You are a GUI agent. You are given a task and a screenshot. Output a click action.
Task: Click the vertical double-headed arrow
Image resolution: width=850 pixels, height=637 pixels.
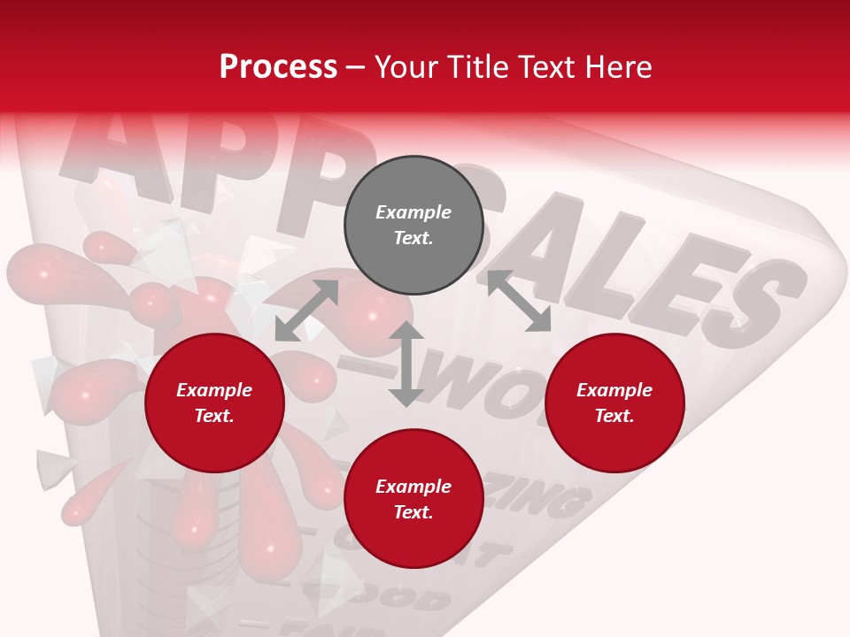[406, 364]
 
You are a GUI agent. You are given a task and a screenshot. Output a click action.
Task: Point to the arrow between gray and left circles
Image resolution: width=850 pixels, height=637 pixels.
[306, 311]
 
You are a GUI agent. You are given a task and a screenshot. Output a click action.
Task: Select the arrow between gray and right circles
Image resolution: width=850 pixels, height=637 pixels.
[519, 301]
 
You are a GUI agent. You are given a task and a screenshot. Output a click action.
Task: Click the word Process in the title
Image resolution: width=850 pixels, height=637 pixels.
[278, 67]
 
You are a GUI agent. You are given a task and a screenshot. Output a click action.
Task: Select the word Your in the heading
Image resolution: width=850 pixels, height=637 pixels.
[407, 67]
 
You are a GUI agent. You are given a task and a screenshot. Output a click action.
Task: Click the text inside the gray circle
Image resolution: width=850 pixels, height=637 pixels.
[413, 225]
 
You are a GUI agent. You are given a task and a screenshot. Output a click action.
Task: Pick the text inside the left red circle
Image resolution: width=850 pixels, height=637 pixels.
[214, 403]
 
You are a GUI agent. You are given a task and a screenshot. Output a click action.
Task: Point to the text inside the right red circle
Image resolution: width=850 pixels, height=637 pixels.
[614, 403]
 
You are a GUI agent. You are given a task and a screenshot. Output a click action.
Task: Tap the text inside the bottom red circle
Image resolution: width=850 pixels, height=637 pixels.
[413, 499]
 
